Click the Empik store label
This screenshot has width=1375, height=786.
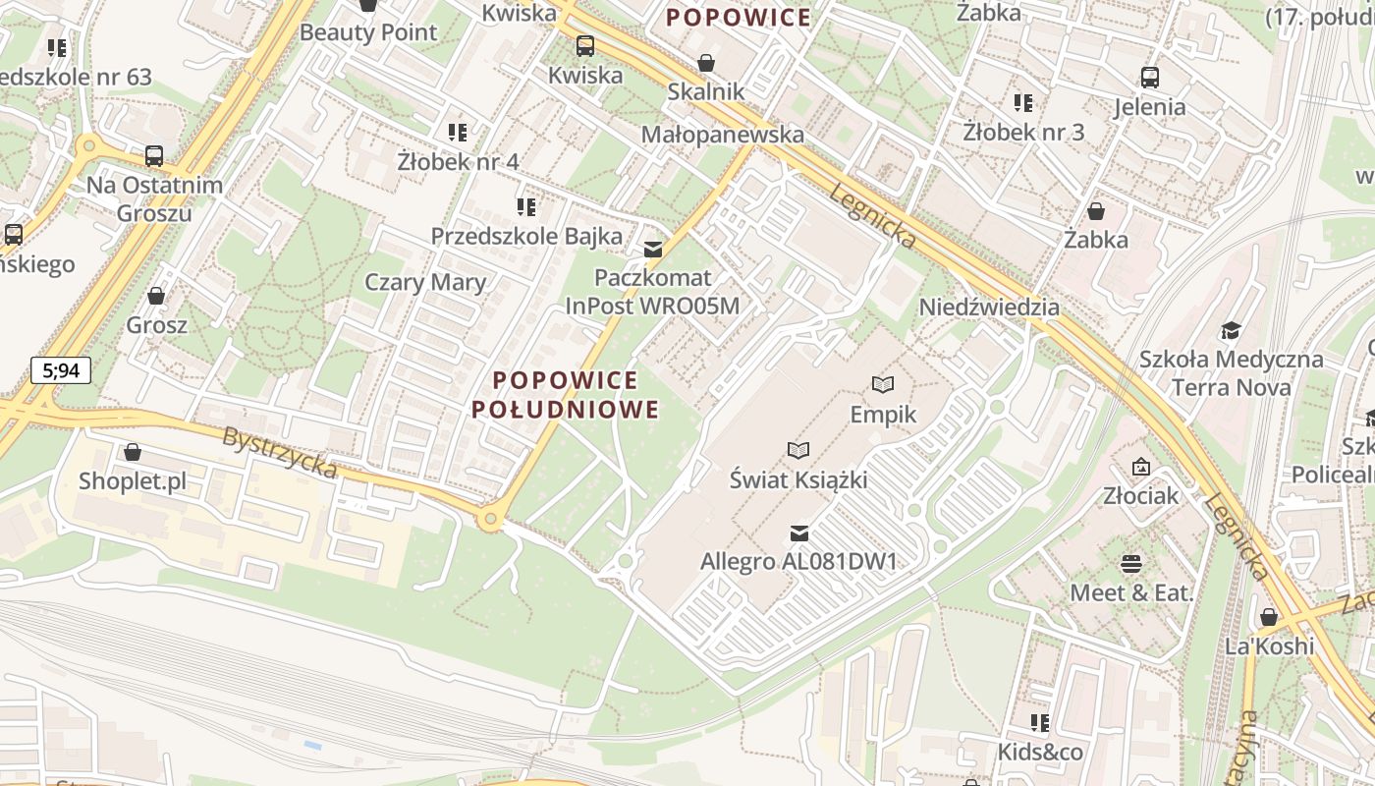(x=883, y=415)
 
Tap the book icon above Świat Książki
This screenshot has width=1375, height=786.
(x=798, y=450)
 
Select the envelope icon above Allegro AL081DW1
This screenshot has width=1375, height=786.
(x=799, y=533)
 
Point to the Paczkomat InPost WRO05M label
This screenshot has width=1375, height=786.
(x=652, y=292)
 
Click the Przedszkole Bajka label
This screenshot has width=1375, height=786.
(x=526, y=236)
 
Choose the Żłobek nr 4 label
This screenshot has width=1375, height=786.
(x=458, y=161)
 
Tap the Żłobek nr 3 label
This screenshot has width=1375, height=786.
(x=1023, y=132)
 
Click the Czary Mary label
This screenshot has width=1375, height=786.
(x=425, y=283)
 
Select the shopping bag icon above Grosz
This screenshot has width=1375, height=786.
(x=155, y=295)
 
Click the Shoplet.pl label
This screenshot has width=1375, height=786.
(x=133, y=481)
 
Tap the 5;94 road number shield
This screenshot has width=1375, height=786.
(x=61, y=370)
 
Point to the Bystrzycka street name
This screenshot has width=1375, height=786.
(x=280, y=453)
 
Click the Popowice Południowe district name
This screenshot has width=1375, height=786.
(x=566, y=395)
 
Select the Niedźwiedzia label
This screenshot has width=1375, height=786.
(x=989, y=308)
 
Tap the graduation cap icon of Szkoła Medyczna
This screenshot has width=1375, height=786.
(x=1231, y=330)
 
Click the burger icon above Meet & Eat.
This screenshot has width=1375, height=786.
(x=1131, y=564)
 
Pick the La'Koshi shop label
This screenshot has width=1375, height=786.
(x=1269, y=646)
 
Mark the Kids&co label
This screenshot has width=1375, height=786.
(x=1040, y=752)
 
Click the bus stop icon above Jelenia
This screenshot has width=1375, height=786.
(x=1149, y=77)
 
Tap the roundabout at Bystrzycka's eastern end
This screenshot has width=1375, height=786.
(x=489, y=518)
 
